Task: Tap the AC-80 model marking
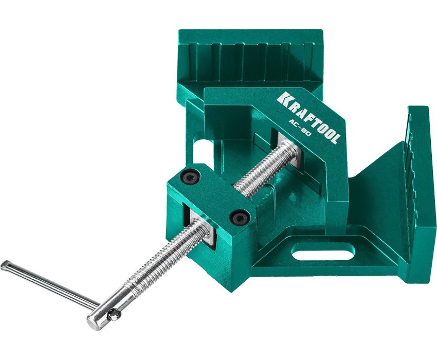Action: [300, 129]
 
